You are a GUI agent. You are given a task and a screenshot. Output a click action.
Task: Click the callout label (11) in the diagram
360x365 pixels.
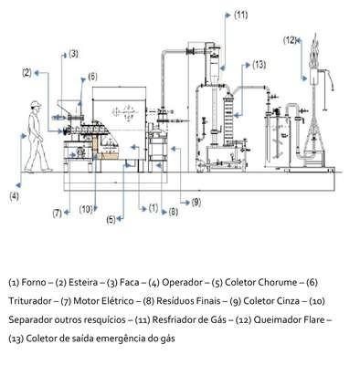click(x=240, y=16)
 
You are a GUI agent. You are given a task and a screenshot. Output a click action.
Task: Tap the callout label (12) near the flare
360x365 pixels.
click(x=290, y=40)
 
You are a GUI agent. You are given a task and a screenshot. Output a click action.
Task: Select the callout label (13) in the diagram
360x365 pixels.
click(x=259, y=65)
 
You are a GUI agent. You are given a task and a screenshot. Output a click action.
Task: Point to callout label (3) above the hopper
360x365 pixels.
click(x=73, y=54)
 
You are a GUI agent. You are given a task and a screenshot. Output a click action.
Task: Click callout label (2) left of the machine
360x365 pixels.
click(x=27, y=73)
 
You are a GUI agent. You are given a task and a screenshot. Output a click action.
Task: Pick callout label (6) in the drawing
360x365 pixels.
click(x=92, y=77)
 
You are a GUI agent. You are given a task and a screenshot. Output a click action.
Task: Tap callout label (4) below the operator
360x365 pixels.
click(x=14, y=196)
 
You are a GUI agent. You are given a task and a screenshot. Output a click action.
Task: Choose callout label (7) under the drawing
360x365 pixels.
click(x=57, y=213)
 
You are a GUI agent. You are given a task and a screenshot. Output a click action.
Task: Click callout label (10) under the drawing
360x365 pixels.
click(x=86, y=209)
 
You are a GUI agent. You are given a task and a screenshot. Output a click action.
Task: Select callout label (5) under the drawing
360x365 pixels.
click(x=111, y=219)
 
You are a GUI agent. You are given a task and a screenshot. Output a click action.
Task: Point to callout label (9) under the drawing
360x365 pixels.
click(x=196, y=202)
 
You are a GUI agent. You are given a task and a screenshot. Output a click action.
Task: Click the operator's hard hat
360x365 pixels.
click(x=36, y=104)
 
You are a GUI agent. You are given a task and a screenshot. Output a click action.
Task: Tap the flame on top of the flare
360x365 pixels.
click(x=315, y=52)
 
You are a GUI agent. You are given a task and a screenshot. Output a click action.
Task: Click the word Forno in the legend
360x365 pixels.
click(x=34, y=282)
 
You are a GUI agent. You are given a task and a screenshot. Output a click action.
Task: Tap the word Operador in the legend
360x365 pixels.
click(x=182, y=283)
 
